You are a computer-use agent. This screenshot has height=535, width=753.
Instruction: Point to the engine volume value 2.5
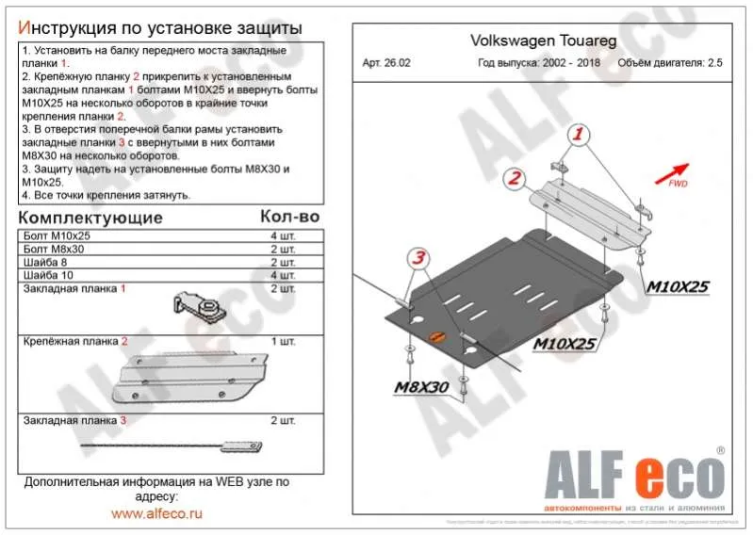point(715,64)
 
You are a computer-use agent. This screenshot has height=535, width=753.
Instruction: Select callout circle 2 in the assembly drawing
point(514,177)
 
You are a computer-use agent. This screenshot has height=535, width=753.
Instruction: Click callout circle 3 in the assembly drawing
point(418,257)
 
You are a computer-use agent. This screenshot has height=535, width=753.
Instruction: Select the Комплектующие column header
point(90,218)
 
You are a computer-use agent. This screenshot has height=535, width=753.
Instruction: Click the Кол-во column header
point(289,218)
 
